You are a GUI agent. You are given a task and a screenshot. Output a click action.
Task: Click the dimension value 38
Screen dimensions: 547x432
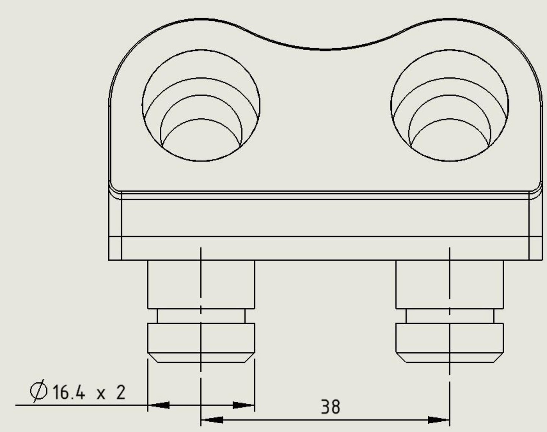point(330,407)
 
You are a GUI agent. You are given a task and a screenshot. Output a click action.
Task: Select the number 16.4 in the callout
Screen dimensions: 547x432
point(69,392)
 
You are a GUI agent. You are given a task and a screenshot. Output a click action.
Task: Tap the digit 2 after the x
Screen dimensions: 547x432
point(120,392)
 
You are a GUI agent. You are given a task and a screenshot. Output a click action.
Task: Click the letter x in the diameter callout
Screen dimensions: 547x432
point(101,394)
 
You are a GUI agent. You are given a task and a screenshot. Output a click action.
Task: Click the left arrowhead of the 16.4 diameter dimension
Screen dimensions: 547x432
point(159,405)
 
